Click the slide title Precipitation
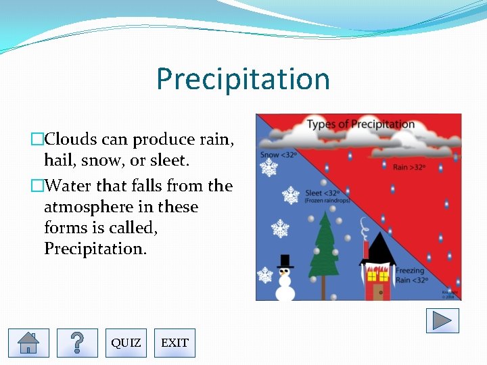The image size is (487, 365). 243,78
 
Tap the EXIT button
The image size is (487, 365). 175,343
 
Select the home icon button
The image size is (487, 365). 28,343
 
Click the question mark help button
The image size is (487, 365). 77,343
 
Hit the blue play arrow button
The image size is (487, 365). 442,320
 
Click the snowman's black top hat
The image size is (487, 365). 285,261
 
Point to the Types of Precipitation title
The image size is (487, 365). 361,124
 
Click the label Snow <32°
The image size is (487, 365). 279,155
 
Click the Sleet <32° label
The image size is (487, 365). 323,193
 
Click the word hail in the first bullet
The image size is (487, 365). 57,160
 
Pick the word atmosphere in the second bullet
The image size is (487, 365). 87,207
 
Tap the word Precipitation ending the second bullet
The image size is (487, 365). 95,249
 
